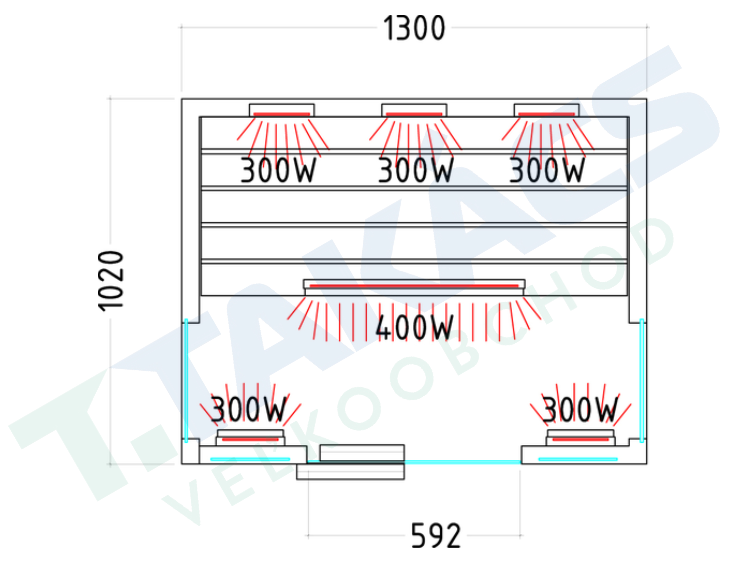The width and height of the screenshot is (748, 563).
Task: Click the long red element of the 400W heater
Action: pos(414,286)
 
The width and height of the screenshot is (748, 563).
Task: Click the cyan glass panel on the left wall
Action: pos(186,380)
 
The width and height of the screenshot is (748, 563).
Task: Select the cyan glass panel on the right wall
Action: pos(641,380)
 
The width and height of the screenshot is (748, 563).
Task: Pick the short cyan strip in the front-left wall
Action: pos(250,459)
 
